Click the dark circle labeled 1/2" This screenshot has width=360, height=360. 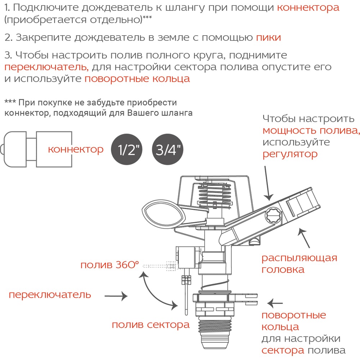click(x=127, y=149)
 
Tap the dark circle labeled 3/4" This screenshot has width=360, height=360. click(x=168, y=149)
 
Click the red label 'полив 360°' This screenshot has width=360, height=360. click(x=110, y=265)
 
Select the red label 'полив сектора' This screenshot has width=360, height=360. click(x=150, y=325)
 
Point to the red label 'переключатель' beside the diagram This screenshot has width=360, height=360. click(x=50, y=295)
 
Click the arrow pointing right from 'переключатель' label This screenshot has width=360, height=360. click(x=116, y=296)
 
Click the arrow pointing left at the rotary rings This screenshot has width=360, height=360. click(x=275, y=303)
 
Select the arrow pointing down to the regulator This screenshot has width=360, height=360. click(x=267, y=183)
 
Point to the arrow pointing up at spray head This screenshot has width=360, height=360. click(x=304, y=238)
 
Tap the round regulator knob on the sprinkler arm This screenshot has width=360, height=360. click(x=274, y=216)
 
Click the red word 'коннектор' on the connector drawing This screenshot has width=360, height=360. click(x=76, y=149)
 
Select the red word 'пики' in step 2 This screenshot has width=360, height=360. click(x=269, y=37)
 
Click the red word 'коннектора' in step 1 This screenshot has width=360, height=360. click(x=308, y=8)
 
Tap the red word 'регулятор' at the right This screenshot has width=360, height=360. click(x=290, y=154)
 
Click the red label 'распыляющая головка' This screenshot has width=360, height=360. click(x=300, y=264)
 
